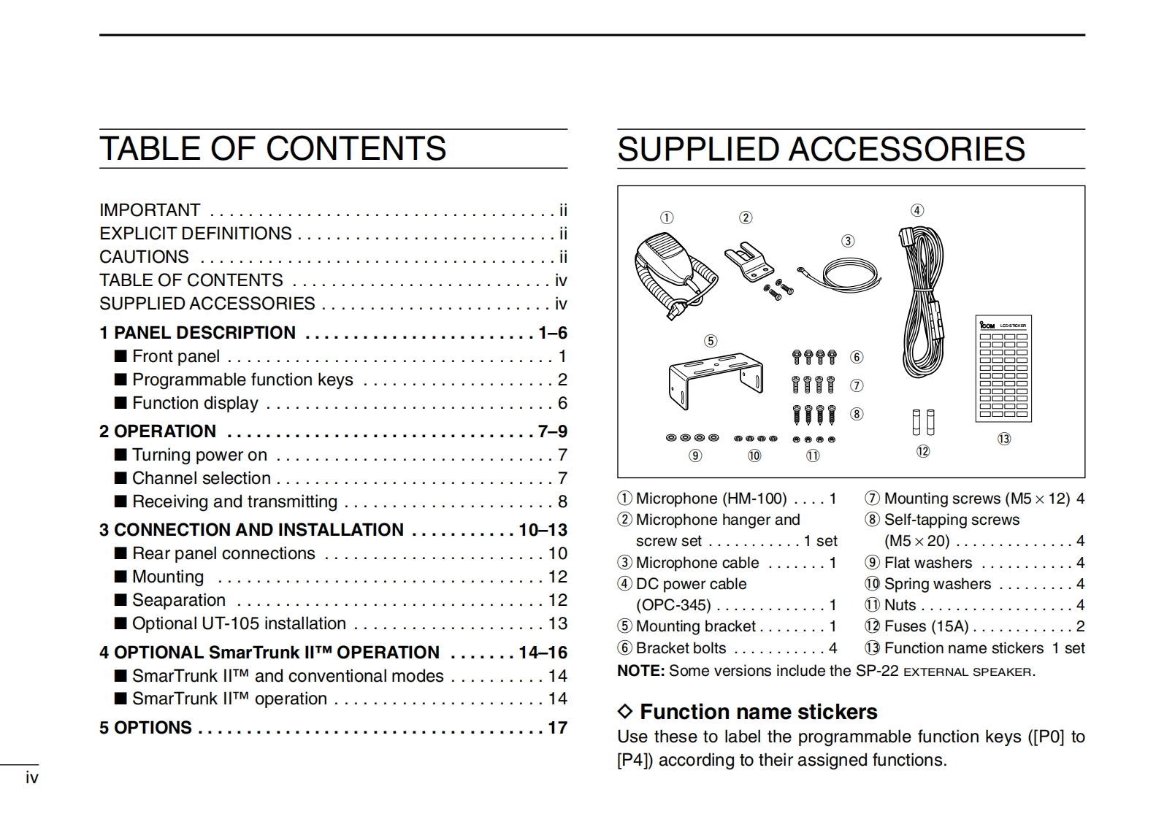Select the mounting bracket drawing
tap(715, 380)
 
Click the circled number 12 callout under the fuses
tap(923, 451)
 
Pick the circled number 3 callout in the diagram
tap(848, 241)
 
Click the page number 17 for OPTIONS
tap(557, 728)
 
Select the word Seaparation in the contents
tap(179, 600)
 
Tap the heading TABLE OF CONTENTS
tap(272, 149)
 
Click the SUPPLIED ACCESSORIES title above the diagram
tap(821, 150)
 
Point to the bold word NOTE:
tap(640, 671)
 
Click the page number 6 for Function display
tap(562, 403)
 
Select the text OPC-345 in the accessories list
tap(673, 605)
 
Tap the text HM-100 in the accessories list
tap(754, 499)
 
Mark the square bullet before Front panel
tap(120, 356)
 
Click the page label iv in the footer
tap(31, 777)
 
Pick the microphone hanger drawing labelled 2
tap(749, 263)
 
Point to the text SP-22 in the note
tap(877, 671)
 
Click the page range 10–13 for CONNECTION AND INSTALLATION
tap(543, 530)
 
